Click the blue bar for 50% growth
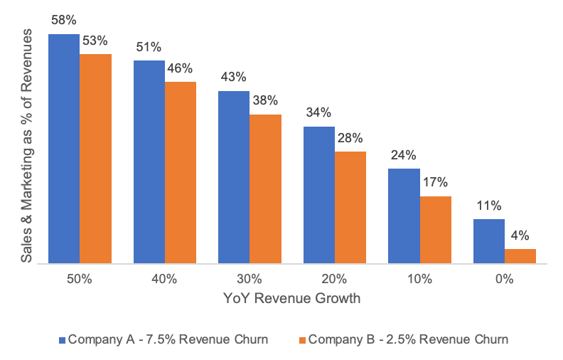64,148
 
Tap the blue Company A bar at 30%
234,177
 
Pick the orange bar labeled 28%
350,207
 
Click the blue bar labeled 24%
404,216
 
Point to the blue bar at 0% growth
488,241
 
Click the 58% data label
64,20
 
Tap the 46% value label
180,68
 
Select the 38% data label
265,100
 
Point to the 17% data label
435,182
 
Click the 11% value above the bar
489,206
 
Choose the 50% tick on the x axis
79,280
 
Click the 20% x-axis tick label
334,280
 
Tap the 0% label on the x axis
504,280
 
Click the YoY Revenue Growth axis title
291,299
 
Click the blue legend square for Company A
63,339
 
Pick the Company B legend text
408,339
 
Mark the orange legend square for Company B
301,339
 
